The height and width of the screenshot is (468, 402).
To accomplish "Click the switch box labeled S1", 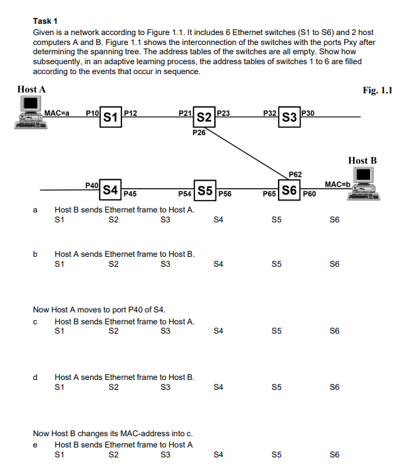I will (x=111, y=118).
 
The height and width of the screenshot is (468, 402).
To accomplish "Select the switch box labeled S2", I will (x=204, y=118).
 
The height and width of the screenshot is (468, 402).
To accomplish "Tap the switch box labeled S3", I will (x=289, y=118).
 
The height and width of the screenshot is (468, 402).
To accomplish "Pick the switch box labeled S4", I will (x=111, y=190).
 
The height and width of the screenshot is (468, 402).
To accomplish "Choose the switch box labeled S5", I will (x=205, y=190).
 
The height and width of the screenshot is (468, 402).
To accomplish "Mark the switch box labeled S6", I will (x=289, y=190).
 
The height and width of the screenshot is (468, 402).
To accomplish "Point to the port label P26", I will (x=198, y=133).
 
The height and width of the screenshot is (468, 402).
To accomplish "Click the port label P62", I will (x=295, y=174).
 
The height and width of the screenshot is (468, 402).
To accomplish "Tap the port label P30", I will (x=308, y=113).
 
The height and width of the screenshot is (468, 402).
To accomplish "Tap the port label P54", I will (x=185, y=194).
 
